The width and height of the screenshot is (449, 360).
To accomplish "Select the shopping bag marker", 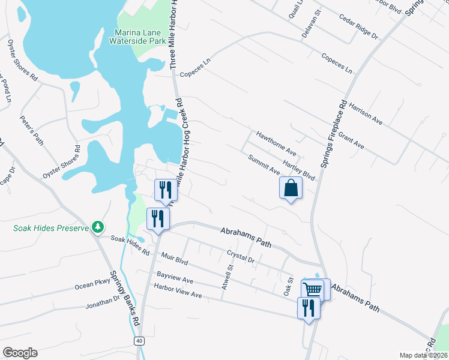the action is (x=291, y=188).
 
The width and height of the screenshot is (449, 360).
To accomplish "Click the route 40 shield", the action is (x=139, y=341).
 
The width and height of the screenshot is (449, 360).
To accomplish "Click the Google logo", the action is (x=19, y=353).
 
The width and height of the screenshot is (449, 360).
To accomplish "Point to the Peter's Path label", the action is (x=31, y=130).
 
